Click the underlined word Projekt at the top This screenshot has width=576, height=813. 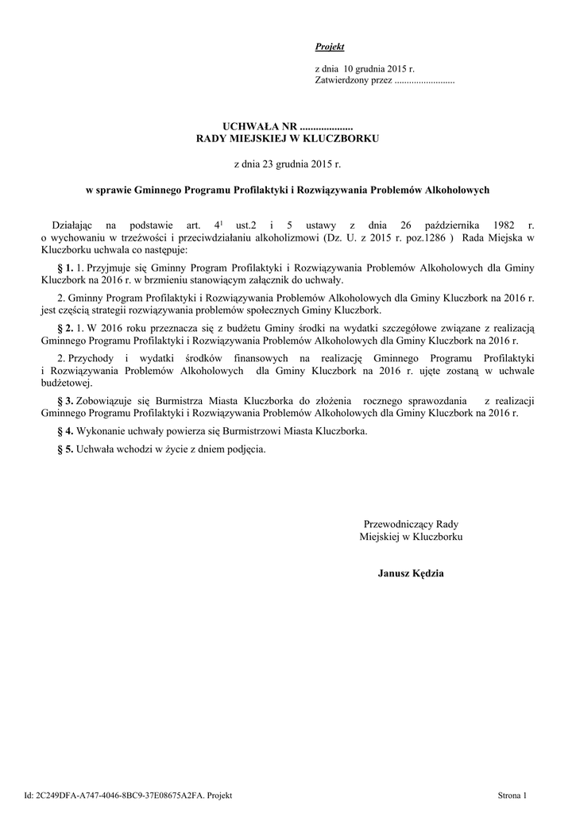tap(330, 48)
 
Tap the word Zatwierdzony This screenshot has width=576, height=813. tap(341, 81)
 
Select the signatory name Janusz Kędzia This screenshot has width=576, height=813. tap(411, 572)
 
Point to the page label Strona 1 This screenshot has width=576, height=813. tap(512, 795)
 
